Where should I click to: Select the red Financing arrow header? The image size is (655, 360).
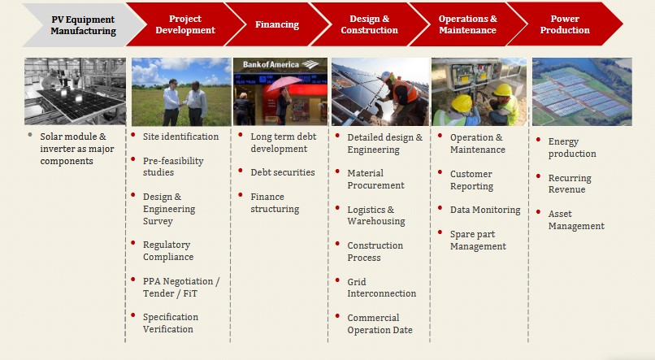(277, 24)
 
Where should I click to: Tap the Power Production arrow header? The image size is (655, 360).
(565, 24)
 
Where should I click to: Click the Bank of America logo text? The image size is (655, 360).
(271, 65)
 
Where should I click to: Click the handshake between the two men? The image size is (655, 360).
(182, 104)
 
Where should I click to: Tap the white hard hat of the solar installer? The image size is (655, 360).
(386, 76)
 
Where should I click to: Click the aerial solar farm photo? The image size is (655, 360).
(582, 92)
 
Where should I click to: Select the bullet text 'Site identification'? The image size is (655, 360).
(180, 137)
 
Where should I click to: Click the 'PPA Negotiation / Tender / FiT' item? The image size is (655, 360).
(181, 288)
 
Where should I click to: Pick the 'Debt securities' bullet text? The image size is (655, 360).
(283, 172)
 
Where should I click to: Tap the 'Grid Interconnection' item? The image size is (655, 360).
(381, 288)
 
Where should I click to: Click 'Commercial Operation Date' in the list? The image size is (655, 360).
(380, 323)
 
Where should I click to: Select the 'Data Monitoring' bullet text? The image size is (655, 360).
(485, 210)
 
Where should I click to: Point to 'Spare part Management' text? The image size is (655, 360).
(478, 241)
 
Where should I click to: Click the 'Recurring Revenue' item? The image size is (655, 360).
(570, 184)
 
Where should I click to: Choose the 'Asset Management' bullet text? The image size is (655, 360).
(576, 219)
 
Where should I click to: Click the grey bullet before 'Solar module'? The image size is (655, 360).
(29, 135)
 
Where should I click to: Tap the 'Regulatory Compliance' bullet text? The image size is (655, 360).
(168, 250)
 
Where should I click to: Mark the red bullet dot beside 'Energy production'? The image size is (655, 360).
(539, 140)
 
